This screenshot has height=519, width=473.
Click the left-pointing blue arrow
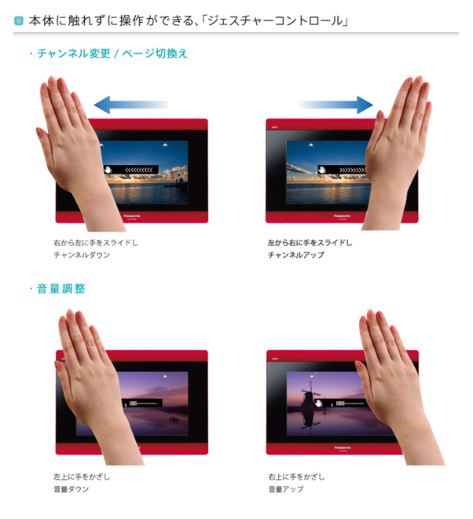[130, 104]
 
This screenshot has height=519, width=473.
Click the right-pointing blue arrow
[336, 104]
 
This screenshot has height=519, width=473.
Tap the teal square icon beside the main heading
[18, 19]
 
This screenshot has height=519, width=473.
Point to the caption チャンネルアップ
[295, 256]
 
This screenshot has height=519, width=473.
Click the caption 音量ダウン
[71, 489]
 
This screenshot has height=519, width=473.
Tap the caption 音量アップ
[285, 489]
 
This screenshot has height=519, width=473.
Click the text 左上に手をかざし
[81, 477]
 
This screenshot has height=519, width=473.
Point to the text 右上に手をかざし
[295, 477]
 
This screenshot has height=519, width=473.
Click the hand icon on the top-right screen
[321, 169]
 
